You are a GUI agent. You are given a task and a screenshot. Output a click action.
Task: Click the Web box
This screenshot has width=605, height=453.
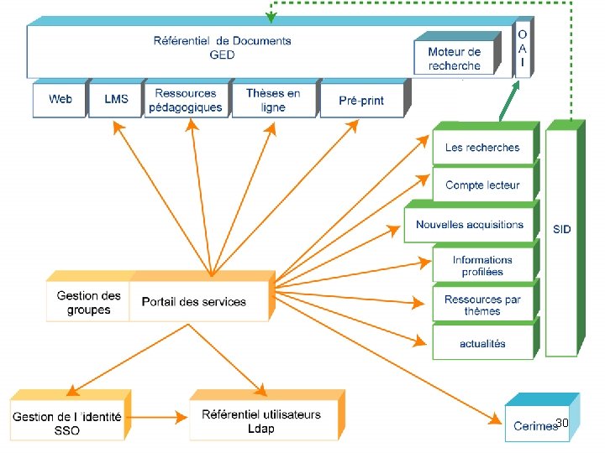click(60, 100)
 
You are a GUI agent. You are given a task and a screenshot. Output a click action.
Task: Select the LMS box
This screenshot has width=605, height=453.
click(116, 100)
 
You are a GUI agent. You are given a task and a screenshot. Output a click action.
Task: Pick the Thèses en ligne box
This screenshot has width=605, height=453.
click(272, 100)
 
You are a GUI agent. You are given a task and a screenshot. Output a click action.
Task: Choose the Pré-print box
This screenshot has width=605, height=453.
click(361, 100)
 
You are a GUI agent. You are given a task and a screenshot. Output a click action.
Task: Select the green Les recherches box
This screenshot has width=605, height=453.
click(482, 148)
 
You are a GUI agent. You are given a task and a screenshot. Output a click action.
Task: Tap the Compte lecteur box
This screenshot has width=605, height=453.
click(482, 185)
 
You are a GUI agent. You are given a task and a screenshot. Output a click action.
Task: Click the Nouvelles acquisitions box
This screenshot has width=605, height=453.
click(469, 225)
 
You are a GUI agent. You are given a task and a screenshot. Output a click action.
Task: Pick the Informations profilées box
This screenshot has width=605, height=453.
click(482, 266)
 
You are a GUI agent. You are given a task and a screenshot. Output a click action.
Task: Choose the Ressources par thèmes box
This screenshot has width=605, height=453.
click(482, 305)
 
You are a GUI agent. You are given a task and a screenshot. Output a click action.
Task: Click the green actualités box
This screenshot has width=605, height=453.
click(482, 344)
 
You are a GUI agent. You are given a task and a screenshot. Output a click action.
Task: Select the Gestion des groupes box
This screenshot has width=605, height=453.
click(88, 303)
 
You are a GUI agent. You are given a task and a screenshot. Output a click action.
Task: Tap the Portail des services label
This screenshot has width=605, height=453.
click(194, 302)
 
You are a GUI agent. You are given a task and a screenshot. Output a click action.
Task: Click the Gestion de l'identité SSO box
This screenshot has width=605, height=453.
click(67, 423)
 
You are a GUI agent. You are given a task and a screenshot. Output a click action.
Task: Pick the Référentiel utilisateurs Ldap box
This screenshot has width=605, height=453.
click(261, 422)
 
